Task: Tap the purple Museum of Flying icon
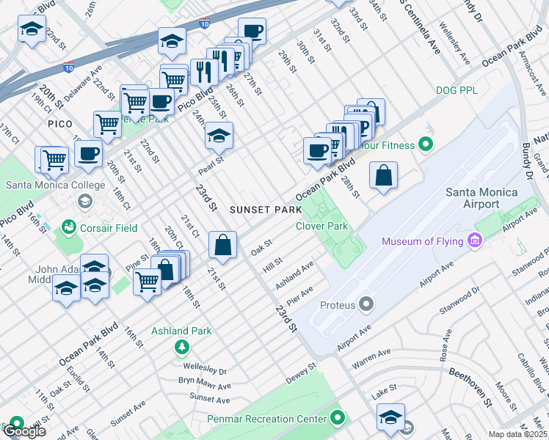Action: pyautogui.click(x=474, y=241)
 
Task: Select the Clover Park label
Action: pyautogui.click(x=321, y=226)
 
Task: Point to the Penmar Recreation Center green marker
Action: pyautogui.click(x=338, y=419)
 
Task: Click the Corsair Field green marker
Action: pyautogui.click(x=69, y=228)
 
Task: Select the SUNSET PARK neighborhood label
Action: pyautogui.click(x=266, y=210)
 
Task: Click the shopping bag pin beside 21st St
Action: pyautogui.click(x=222, y=246)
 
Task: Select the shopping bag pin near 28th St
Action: pyautogui.click(x=383, y=176)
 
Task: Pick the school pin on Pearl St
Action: pyautogui.click(x=218, y=136)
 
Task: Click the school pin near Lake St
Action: pyautogui.click(x=390, y=417)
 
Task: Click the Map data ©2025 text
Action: pyautogui.click(x=518, y=434)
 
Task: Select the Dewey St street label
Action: pyautogui.click(x=300, y=371)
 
